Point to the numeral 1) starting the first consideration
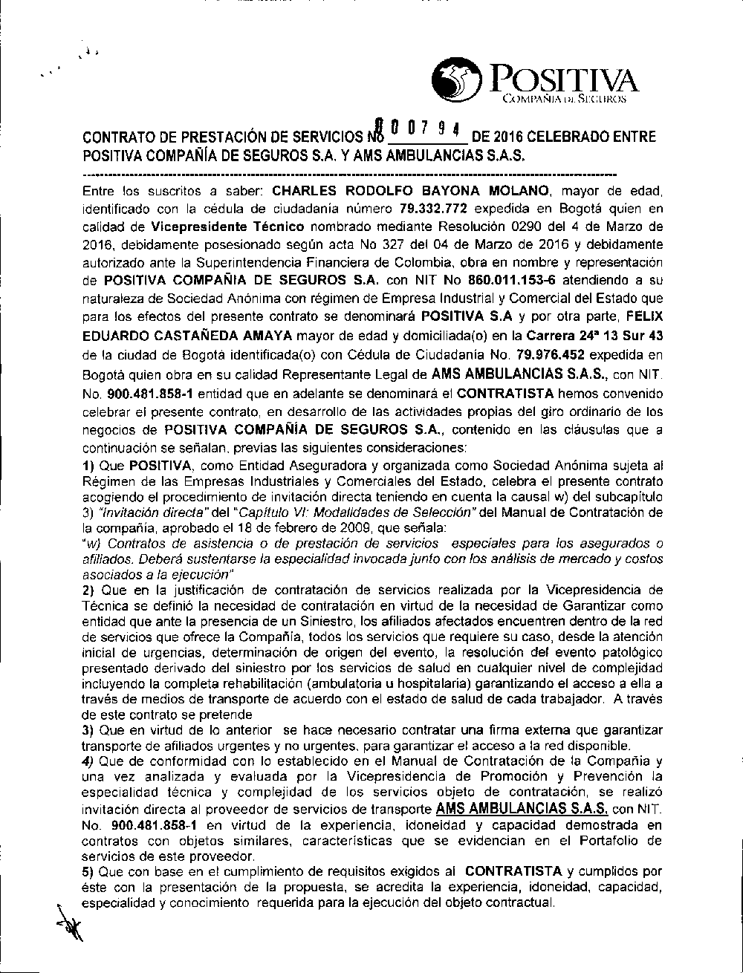pos(88,466)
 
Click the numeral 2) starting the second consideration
pos(88,590)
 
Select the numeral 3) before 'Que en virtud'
pos(88,731)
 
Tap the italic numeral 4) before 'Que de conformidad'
pos(88,761)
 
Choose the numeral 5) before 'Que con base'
pos(88,870)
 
